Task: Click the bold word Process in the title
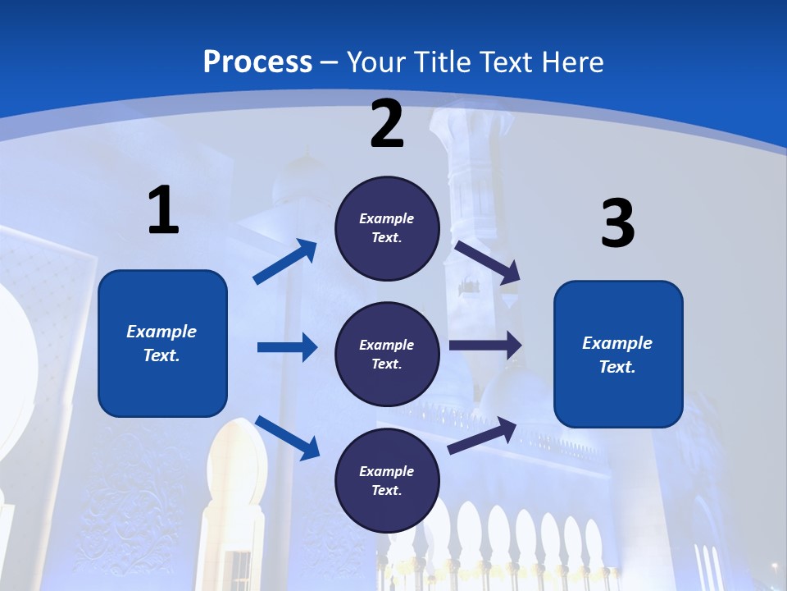pos(257,62)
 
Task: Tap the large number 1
pos(163,210)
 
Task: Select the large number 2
pos(387,124)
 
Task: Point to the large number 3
pos(618,224)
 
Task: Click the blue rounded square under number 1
pos(162,343)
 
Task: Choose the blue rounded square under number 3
pos(618,354)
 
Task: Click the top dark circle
pos(387,228)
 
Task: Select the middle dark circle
pos(387,354)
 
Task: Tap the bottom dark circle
pos(387,480)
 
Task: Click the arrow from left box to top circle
pos(285,262)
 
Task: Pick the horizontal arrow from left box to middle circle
pos(287,347)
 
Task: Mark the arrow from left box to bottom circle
pos(287,438)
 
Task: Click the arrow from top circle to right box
pos(487,262)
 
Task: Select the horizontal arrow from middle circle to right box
pos(485,346)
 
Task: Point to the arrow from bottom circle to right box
pos(483,436)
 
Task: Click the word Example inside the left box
pos(161,332)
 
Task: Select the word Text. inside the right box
pos(617,367)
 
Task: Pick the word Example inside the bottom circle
pos(387,471)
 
